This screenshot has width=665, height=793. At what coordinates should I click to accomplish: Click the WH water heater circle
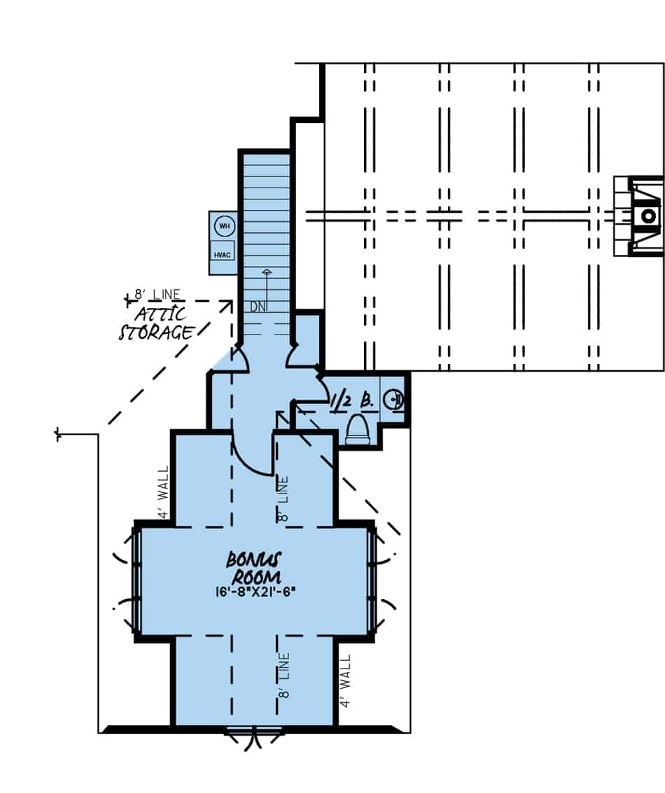(224, 226)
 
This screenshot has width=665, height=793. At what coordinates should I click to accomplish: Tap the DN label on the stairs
(258, 307)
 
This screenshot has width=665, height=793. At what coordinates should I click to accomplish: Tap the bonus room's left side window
(137, 581)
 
